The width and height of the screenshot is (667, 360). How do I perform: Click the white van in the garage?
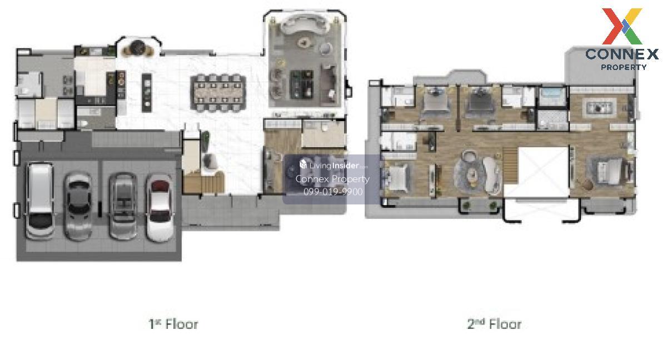[x=40, y=201]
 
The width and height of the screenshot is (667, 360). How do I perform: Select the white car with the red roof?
[x=160, y=208]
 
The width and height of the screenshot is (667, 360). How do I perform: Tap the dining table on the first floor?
[x=219, y=92]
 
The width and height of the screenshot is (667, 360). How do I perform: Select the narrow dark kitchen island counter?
[x=147, y=93]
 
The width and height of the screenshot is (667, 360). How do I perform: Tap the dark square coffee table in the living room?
[x=302, y=84]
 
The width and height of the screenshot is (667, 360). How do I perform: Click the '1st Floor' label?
[x=173, y=324]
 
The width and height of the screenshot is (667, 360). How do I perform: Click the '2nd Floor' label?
[x=494, y=324]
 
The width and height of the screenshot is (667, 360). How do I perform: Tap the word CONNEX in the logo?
[x=622, y=54]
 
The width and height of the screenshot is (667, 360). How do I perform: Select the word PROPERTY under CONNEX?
[x=624, y=67]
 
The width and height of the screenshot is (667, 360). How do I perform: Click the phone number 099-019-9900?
[x=333, y=192]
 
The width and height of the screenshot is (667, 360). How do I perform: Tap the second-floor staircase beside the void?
[x=511, y=165]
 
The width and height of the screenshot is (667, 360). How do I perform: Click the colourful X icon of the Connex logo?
[x=622, y=26]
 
